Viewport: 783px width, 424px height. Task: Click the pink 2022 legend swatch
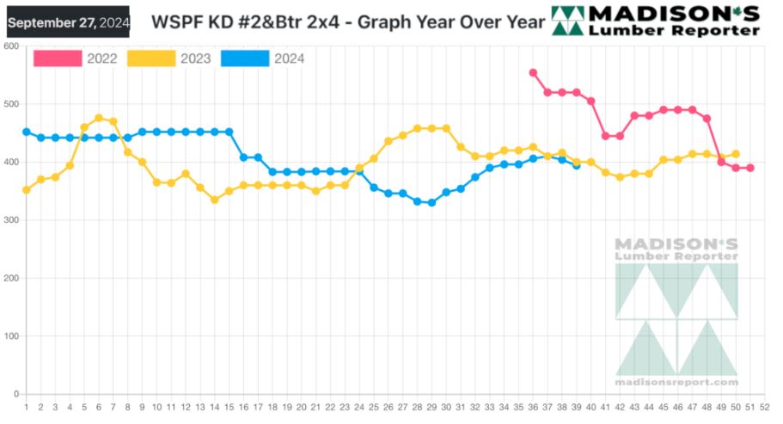[x=58, y=58]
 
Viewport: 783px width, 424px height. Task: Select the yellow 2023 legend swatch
[x=151, y=58]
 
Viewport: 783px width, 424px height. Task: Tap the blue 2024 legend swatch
[x=245, y=58]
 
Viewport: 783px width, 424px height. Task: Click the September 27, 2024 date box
[x=68, y=22]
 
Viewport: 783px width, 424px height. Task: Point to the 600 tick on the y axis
[x=11, y=46]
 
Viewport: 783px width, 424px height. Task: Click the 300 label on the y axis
[x=11, y=220]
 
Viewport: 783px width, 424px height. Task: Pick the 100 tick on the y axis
[x=11, y=336]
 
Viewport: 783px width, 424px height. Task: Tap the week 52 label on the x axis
[x=764, y=407]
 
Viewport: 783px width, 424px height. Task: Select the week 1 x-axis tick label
[x=27, y=407]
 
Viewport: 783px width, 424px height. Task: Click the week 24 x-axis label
[x=359, y=407]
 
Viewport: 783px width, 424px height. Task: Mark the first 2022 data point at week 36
[x=533, y=73]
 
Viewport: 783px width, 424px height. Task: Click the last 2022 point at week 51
[x=749, y=168]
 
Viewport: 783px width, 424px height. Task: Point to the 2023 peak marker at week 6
[x=99, y=118]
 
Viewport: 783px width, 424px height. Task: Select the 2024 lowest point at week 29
[x=431, y=203]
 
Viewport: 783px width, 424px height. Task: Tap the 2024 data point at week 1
[x=27, y=132]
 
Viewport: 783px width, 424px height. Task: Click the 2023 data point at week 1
[x=27, y=190]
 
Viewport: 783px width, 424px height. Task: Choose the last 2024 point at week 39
[x=576, y=165]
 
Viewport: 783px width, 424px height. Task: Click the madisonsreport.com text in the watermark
[x=676, y=382]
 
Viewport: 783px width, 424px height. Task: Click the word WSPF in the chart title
[x=174, y=22]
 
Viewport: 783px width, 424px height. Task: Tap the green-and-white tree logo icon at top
[x=566, y=21]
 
